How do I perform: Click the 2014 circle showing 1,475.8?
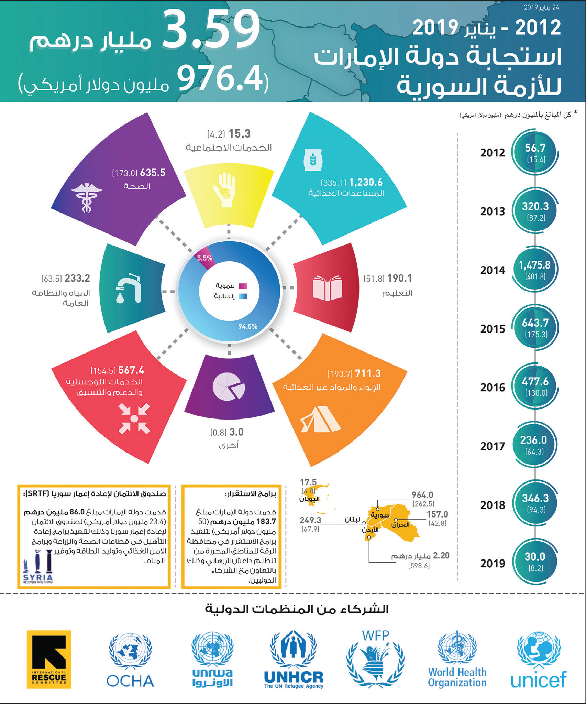point(535,269)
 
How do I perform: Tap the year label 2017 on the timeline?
point(493,446)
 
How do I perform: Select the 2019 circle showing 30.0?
point(535,562)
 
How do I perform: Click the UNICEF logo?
point(539,660)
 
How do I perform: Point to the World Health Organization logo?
point(457,659)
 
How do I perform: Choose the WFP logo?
point(376,659)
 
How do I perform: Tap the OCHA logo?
point(130,660)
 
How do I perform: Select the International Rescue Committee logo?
point(49,660)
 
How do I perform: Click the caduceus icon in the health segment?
point(87,197)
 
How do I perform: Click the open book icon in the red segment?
point(328,288)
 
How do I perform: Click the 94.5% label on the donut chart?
point(248,326)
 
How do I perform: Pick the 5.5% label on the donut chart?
point(204,258)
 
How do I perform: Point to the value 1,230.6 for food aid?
point(366,182)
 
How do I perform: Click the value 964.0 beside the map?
point(422,495)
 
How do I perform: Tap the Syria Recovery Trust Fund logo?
point(38,566)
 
